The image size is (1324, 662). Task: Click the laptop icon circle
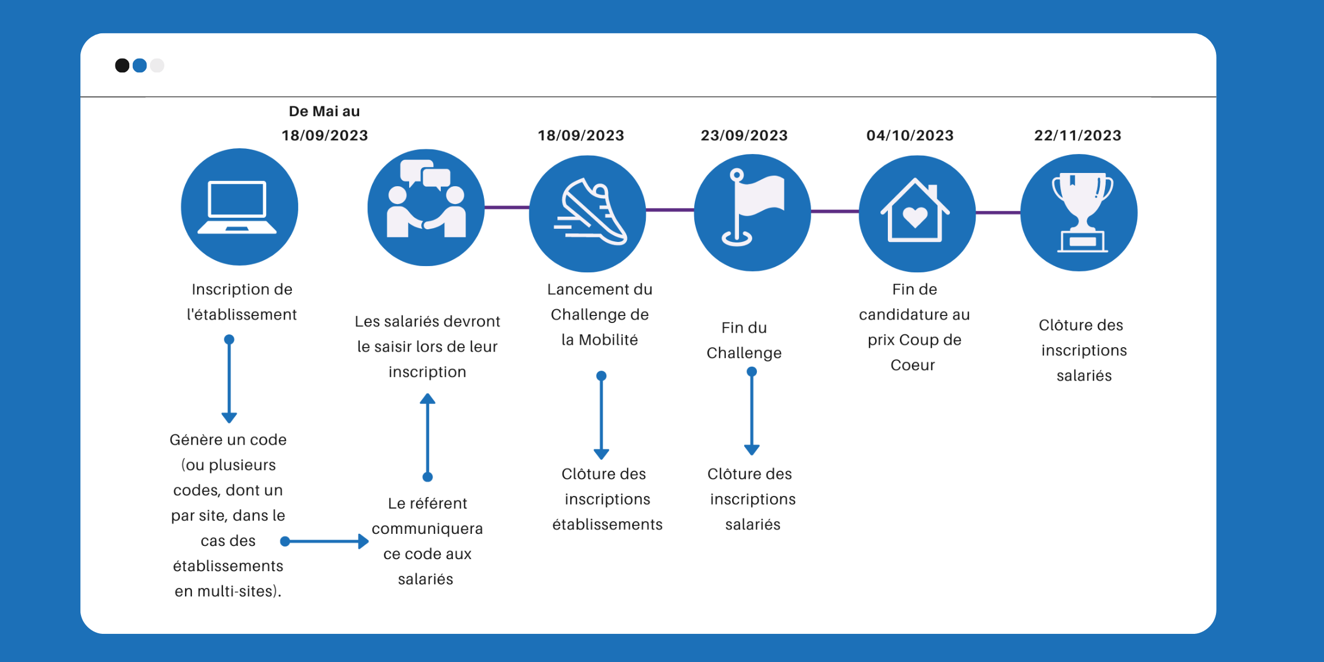(x=239, y=207)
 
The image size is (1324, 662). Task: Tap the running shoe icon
(x=589, y=213)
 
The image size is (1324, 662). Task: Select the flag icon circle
(x=752, y=213)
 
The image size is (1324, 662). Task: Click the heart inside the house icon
(x=915, y=217)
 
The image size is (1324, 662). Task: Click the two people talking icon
(x=426, y=207)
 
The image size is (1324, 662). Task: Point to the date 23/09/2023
(x=744, y=136)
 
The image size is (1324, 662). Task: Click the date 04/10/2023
(x=910, y=136)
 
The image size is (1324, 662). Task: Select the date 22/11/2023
(x=1077, y=136)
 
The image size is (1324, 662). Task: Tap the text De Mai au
(x=324, y=111)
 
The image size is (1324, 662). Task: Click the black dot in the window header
(x=122, y=66)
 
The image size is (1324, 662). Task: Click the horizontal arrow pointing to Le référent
(x=325, y=541)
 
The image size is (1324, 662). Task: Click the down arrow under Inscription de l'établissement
(x=229, y=379)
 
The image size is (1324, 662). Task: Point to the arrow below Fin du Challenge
(x=752, y=411)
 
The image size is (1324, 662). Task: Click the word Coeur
(x=913, y=365)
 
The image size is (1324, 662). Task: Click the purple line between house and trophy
(x=998, y=213)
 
